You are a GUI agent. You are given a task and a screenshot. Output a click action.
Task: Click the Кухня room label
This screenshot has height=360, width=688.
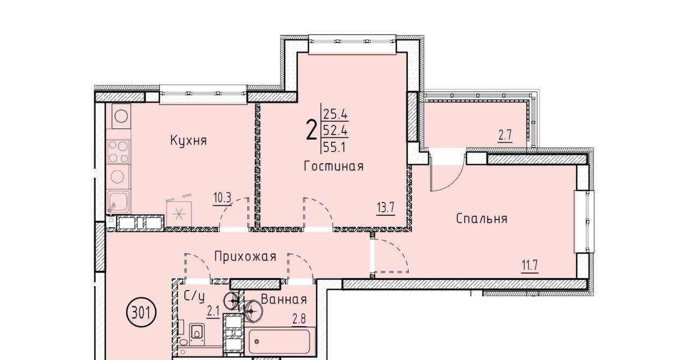tap(188, 141)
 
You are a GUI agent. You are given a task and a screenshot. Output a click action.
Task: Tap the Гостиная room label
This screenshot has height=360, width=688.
tap(334, 166)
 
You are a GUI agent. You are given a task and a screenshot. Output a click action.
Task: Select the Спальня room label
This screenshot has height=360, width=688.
tap(481, 219)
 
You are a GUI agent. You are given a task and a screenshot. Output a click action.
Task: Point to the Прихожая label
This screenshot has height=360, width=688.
tap(245, 256)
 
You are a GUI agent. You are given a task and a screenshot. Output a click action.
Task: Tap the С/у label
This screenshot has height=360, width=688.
tap(194, 297)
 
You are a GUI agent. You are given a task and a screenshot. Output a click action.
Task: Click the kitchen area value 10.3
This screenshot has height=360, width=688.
tap(222, 198)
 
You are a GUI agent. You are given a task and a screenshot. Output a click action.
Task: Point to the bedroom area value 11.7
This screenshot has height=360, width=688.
tap(529, 265)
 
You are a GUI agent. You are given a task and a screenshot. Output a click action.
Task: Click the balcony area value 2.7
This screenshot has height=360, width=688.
tap(505, 135)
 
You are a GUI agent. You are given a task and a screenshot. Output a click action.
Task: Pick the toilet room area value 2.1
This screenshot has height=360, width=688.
tap(213, 312)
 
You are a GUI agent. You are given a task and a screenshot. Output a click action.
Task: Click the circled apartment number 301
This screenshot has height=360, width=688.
tap(141, 313)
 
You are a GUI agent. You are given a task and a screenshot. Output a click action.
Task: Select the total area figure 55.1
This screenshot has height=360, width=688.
tap(334, 148)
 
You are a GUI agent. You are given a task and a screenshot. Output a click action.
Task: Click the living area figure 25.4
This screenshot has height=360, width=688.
tap(335, 114)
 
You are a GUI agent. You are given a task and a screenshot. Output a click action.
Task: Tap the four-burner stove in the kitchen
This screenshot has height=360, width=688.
tap(119, 151)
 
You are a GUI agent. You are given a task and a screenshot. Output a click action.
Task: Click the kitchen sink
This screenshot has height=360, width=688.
tap(118, 201)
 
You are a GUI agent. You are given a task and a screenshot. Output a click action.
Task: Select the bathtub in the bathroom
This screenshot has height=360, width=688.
tap(280, 342)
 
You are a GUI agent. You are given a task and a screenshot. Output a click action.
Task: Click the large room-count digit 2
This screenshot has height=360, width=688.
tap(311, 130)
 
